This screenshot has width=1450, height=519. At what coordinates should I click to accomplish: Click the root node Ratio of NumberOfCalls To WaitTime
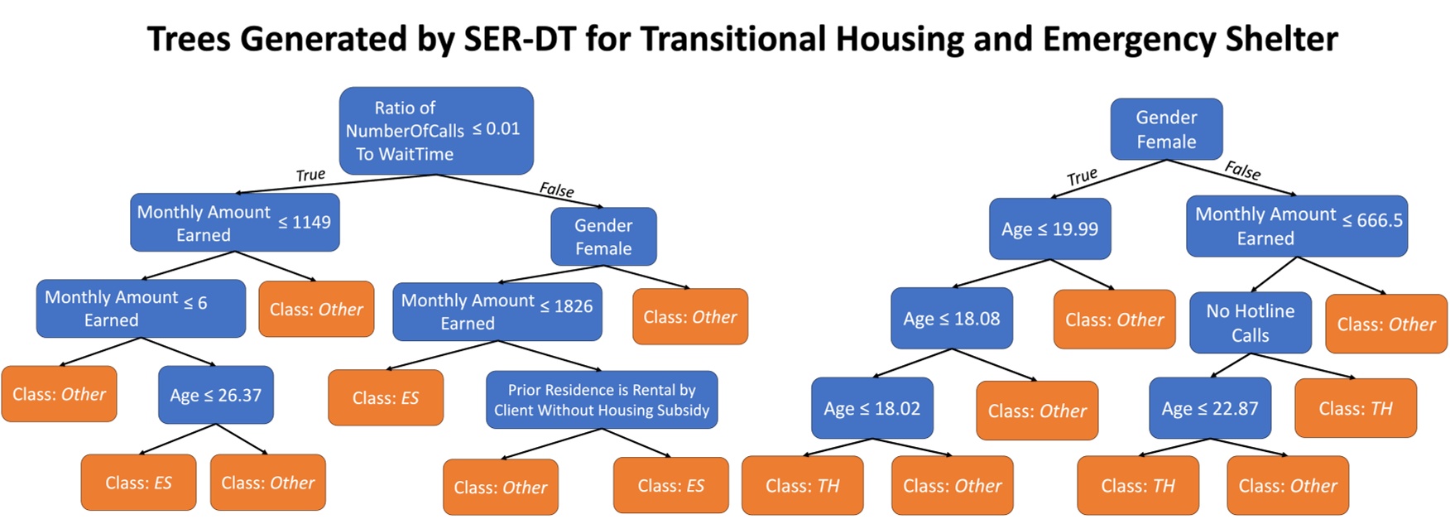click(436, 131)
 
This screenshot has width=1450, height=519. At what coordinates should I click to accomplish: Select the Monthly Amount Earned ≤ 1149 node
click(234, 223)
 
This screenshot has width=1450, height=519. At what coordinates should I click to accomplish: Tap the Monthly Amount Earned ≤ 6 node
click(141, 308)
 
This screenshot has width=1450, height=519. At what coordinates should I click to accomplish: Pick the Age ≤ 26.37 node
click(215, 395)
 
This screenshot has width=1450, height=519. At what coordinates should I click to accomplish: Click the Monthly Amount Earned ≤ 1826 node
click(497, 312)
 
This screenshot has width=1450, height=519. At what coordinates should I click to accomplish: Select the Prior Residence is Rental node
click(602, 400)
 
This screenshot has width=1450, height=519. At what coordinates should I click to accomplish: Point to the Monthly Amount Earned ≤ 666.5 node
click(1296, 226)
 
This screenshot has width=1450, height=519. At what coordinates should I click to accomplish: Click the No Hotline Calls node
click(1250, 323)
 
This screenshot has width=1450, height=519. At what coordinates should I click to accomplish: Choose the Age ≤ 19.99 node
click(1049, 229)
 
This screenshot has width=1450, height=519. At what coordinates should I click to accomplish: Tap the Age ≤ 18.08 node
click(951, 319)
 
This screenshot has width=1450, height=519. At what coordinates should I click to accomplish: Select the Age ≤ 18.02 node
click(871, 408)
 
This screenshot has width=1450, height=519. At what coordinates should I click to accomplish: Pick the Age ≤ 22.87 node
click(1209, 408)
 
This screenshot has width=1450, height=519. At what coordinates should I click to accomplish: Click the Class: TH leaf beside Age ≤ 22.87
click(1355, 408)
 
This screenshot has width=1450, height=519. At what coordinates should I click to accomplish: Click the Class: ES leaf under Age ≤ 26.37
click(138, 483)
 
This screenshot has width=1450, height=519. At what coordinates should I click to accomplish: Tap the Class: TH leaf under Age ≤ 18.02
click(802, 486)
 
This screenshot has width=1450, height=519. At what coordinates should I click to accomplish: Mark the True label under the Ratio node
click(310, 175)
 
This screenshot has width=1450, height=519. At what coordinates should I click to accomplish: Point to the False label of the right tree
click(1242, 171)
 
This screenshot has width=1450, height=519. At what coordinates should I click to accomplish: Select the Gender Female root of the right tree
click(1166, 130)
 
